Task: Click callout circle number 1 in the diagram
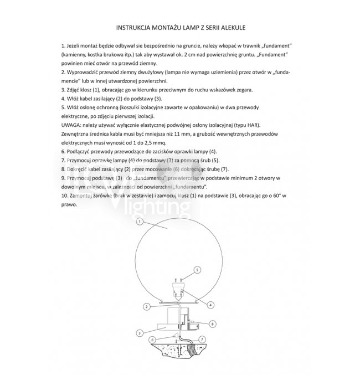[x=140, y=220]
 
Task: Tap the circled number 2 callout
[x=146, y=306]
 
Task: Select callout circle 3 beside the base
[x=141, y=333]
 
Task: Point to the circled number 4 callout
[x=211, y=305]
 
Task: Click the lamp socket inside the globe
[x=178, y=290]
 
